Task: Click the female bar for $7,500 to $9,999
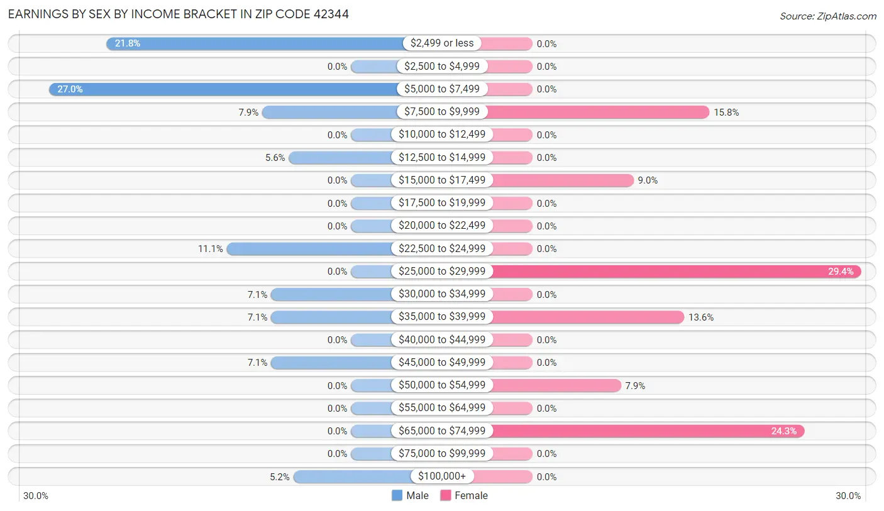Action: pos(597,112)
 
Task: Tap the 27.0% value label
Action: pos(70,89)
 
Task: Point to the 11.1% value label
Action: pos(211,249)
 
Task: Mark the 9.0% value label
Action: pos(648,180)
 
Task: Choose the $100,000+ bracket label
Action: pos(442,476)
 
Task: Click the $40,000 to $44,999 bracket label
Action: pos(442,340)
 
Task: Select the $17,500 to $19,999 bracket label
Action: pos(442,203)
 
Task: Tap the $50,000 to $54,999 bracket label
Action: pos(442,385)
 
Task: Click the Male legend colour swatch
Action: pos(397,495)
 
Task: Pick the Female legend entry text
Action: pos(471,495)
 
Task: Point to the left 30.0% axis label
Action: pos(36,495)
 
